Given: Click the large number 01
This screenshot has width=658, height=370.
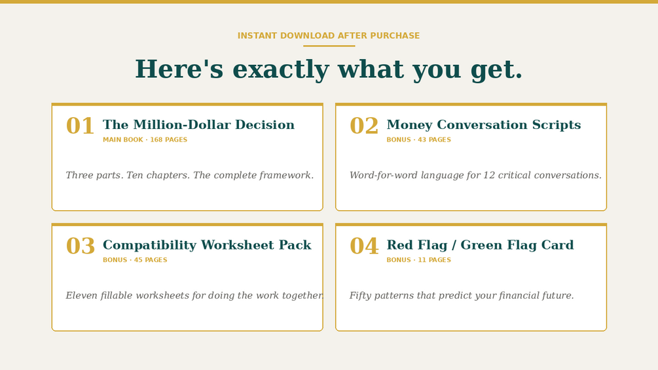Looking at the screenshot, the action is coord(80,126).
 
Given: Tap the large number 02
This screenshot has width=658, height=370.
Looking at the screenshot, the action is coord(364,126).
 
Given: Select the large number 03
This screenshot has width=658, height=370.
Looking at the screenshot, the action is coord(80,246).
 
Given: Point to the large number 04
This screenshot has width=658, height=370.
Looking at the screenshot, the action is coord(364,246).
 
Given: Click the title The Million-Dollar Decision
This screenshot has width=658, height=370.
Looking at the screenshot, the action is coord(198,124).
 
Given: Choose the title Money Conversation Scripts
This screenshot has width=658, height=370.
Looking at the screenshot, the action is coord(484,124).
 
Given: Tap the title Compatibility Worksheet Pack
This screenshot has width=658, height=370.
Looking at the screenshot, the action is coord(207,245).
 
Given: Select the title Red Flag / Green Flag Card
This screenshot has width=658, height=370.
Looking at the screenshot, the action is coord(480,245).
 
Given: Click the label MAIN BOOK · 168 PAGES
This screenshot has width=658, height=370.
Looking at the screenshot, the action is coord(145,139).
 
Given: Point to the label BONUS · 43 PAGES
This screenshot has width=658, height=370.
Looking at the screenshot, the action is coord(418,139).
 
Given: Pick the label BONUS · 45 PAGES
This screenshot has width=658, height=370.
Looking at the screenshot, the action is coord(135,260).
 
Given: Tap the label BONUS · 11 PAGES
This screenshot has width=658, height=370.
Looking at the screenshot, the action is coord(418,260).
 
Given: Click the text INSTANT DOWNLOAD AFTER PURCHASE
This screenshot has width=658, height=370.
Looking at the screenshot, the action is coord(329,35).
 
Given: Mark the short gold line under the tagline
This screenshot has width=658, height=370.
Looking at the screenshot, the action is coord(329,46).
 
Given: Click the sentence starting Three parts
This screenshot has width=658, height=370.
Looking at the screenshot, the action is coord(189,175).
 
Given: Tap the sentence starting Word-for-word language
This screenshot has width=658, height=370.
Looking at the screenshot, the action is coord(475,175).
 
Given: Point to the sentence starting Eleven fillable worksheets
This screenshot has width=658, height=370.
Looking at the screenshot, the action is coord(194,295).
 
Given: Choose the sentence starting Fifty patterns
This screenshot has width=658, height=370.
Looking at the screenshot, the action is coord(462,295).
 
